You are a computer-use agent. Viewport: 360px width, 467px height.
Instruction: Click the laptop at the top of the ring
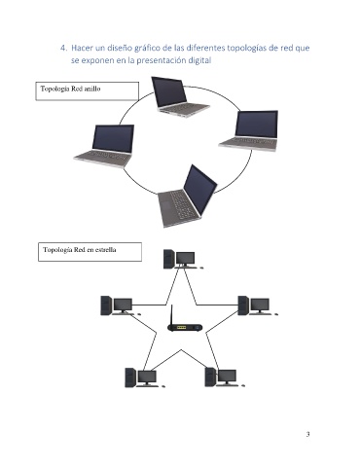pyautogui.click(x=179, y=97)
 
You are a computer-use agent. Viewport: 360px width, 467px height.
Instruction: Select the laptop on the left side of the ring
pyautogui.click(x=104, y=146)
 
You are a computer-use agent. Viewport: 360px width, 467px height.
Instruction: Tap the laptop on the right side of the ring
pyautogui.click(x=249, y=130)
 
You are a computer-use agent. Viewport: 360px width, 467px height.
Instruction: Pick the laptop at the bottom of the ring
pyautogui.click(x=187, y=197)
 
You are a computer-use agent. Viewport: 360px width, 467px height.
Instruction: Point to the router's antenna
pyautogui.click(x=172, y=314)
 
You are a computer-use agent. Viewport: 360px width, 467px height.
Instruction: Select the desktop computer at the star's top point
pyautogui.click(x=183, y=259)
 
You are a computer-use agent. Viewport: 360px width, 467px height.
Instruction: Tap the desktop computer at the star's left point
pyautogui.click(x=120, y=305)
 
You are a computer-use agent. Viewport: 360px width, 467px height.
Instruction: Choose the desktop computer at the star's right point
pyautogui.click(x=257, y=305)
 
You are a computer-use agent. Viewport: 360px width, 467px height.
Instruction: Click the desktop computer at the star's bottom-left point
pyautogui.click(x=145, y=377)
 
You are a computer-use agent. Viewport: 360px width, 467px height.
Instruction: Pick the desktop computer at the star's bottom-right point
pyautogui.click(x=225, y=377)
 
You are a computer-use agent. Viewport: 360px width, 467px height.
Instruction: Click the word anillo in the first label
pyautogui.click(x=92, y=89)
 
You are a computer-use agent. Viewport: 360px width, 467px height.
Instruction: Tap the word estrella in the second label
pyautogui.click(x=105, y=250)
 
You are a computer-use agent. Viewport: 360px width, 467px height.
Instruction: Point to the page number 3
pyautogui.click(x=307, y=434)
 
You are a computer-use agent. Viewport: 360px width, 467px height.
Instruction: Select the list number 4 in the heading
pyautogui.click(x=63, y=48)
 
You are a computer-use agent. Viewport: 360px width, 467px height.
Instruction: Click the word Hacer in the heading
pyautogui.click(x=82, y=48)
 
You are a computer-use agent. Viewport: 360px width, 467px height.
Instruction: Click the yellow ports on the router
pyautogui.click(x=182, y=328)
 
